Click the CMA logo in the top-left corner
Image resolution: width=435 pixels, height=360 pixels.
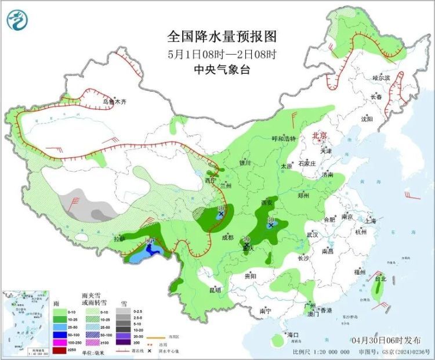17,20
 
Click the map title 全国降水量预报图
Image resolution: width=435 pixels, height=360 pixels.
222,37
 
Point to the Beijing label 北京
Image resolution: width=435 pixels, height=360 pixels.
320,136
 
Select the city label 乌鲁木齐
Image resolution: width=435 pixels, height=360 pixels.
114,102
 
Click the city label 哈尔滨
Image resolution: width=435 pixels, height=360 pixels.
381,77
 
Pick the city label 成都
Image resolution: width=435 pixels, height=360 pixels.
227,237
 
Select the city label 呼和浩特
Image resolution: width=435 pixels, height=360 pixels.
284,139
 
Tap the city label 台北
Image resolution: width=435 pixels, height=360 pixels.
380,279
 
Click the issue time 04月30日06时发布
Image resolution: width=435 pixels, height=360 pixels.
385,339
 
